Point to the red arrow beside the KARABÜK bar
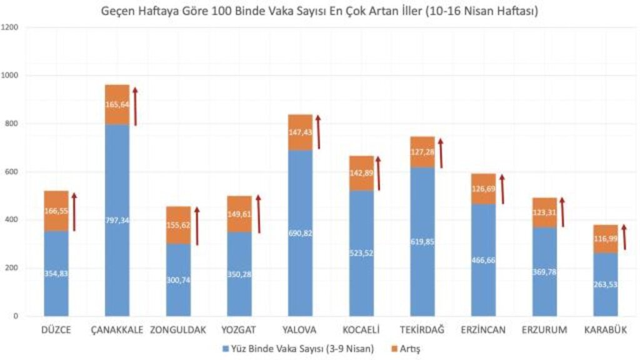point(624,237)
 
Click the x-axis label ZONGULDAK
point(178,330)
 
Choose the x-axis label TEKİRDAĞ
point(422,330)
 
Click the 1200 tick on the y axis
point(10,28)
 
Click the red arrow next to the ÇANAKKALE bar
point(135,106)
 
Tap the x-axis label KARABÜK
point(605,330)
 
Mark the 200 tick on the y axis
point(12,268)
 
